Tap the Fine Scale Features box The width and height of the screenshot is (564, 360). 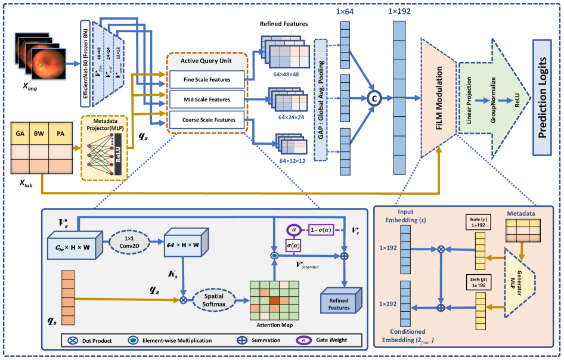pos(207,79)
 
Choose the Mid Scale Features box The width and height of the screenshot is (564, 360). pos(207,99)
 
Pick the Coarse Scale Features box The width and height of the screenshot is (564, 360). pos(207,120)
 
